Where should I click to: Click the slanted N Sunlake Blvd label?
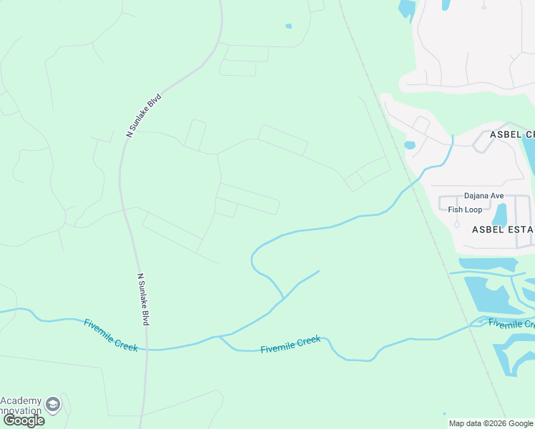(x=144, y=114)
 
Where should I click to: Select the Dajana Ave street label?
(x=484, y=196)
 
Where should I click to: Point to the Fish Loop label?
(x=465, y=210)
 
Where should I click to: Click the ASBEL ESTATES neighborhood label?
(x=503, y=230)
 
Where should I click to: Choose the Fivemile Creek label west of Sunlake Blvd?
(x=112, y=334)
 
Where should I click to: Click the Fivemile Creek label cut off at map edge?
(x=511, y=324)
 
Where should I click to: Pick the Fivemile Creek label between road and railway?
(x=290, y=344)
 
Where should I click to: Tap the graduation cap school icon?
(x=52, y=405)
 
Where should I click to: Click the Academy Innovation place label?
(x=21, y=406)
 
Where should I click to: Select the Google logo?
(x=24, y=420)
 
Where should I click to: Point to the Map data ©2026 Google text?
(x=491, y=423)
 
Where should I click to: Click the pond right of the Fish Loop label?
(x=500, y=214)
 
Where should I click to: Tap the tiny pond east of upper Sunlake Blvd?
(x=288, y=26)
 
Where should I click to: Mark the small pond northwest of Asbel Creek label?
(x=410, y=145)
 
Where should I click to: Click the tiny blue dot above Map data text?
(x=444, y=413)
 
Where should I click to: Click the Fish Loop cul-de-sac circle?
(x=457, y=224)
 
